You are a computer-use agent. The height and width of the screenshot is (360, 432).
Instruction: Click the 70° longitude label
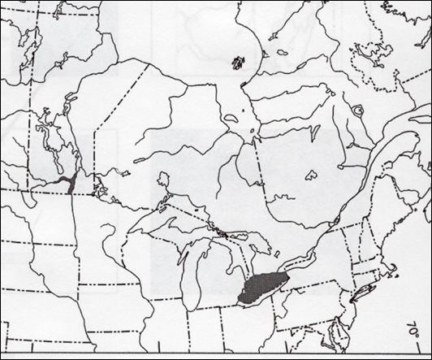tap(415, 332)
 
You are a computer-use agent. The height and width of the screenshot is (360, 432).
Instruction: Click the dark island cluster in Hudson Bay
tap(237, 62)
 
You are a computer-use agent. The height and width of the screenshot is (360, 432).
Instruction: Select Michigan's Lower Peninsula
tap(214, 276)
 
